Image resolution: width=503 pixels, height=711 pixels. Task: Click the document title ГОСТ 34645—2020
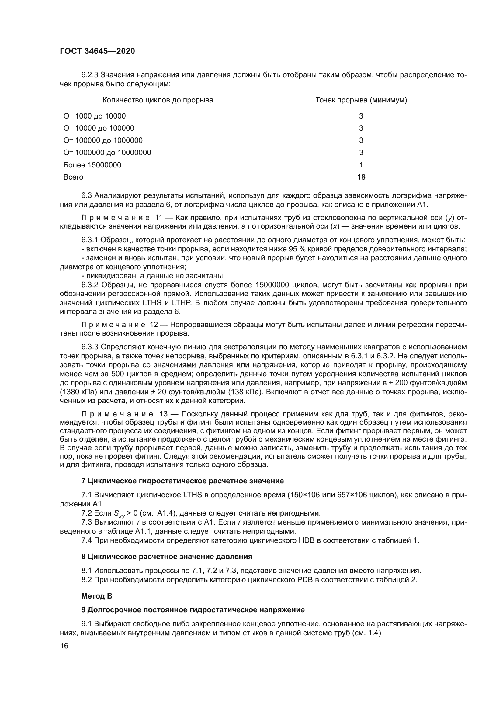[97, 51]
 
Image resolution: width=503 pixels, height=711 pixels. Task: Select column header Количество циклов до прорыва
[158, 100]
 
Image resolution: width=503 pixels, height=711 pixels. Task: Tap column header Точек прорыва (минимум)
[361, 100]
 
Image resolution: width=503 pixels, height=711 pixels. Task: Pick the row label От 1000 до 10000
[95, 116]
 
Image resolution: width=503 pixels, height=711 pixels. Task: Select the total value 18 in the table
[361, 177]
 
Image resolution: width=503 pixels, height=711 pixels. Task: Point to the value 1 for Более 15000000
[361, 165]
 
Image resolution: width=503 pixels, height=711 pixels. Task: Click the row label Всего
[73, 177]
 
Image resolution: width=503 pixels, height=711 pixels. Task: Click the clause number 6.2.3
[90, 75]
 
